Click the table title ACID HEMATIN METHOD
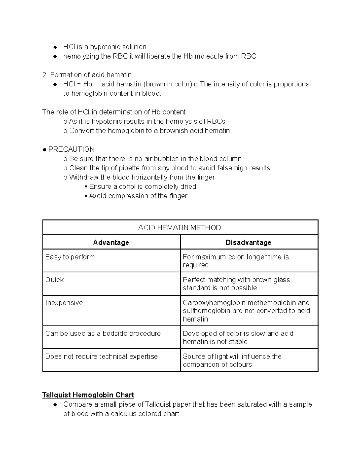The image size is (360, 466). [179, 228]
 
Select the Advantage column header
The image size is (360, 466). [111, 242]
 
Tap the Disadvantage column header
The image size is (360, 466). [248, 242]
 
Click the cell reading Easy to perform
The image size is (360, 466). [70, 257]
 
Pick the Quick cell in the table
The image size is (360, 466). [55, 280]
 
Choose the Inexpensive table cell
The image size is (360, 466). [64, 303]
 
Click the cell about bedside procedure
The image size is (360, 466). [103, 334]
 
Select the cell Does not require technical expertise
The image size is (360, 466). [101, 356]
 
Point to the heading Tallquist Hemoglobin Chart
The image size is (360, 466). [88, 395]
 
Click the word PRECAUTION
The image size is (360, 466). [71, 149]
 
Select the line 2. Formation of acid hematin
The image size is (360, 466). [87, 75]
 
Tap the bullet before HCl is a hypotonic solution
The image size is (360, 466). [55, 47]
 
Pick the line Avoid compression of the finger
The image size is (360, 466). [139, 196]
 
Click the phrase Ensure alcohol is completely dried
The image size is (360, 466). [142, 187]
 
